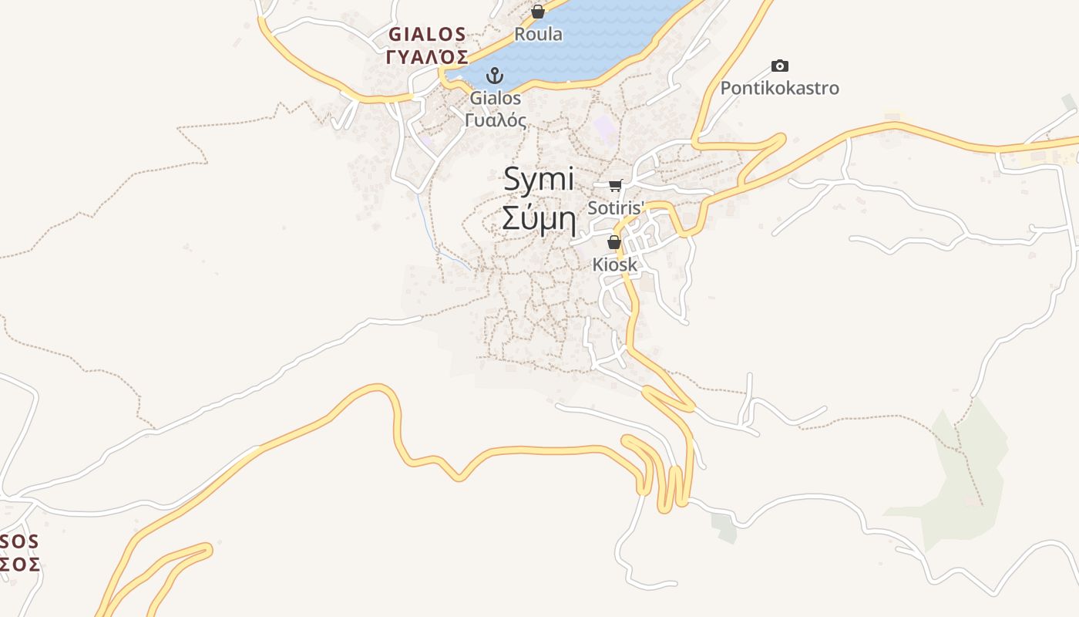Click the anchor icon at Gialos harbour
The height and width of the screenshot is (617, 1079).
click(x=495, y=76)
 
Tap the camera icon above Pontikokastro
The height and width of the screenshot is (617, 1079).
click(x=780, y=66)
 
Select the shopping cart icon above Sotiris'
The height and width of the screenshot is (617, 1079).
click(x=615, y=185)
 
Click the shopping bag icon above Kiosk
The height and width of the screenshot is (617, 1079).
click(x=614, y=242)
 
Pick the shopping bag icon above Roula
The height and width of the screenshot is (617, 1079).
click(x=538, y=12)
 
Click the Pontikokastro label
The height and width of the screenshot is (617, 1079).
click(x=779, y=88)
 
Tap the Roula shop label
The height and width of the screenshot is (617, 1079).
click(x=538, y=34)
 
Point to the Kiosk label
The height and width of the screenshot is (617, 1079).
click(x=614, y=265)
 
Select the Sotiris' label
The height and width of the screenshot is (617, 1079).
click(x=615, y=207)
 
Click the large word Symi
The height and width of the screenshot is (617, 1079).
click(x=539, y=180)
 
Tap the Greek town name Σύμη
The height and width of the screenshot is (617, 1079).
click(x=539, y=218)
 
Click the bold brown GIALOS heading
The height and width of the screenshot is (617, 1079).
click(x=427, y=34)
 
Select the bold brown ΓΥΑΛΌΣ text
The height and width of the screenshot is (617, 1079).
click(x=427, y=56)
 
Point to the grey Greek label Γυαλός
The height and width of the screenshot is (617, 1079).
click(x=496, y=120)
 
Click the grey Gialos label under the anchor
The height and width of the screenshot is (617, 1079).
click(x=496, y=98)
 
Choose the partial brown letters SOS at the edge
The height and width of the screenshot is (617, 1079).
click(x=19, y=541)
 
